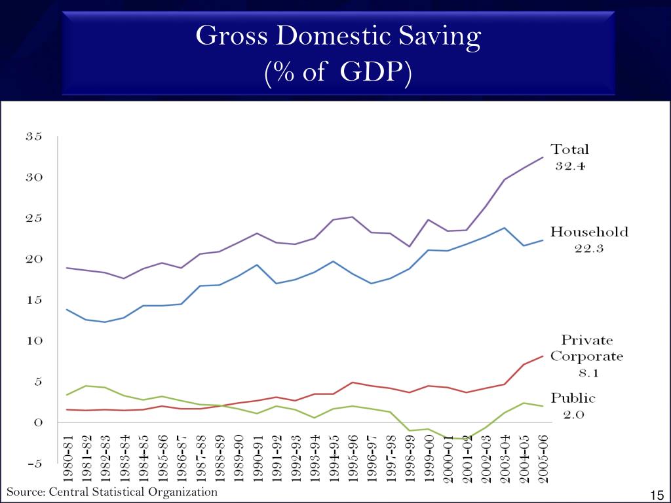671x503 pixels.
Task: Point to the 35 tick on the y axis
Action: [x=34, y=137]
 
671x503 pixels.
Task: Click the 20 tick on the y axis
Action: [x=34, y=259]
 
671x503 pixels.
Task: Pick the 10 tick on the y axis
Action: [x=34, y=341]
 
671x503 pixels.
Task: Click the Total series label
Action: [x=569, y=149]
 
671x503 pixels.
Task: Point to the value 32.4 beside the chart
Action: [x=569, y=166]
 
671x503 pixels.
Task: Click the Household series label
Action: [x=588, y=232]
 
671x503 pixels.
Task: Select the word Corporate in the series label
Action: [x=586, y=357]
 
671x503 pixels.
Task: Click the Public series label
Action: [x=573, y=398]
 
